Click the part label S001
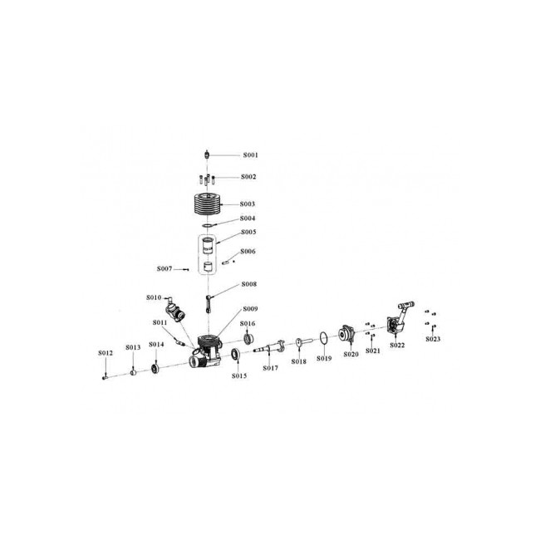pos(250,155)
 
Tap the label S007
pos(164,269)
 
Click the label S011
pos(160,322)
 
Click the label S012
pos(105,353)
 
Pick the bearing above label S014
pos(155,366)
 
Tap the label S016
pos(248,323)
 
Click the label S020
pos(350,355)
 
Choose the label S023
pos(433,339)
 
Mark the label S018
pos(299,362)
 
